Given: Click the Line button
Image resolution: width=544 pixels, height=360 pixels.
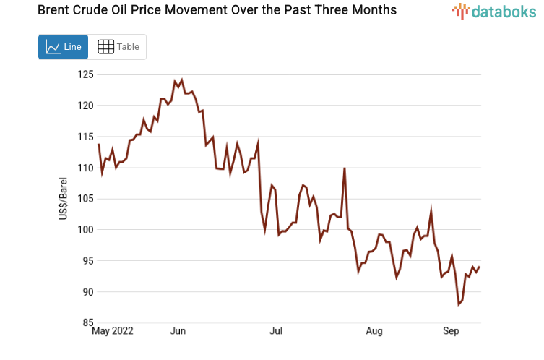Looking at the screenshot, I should (63, 47).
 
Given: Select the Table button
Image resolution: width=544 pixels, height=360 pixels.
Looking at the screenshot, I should (118, 47).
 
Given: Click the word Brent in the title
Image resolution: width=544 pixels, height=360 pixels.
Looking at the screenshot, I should (33, 10).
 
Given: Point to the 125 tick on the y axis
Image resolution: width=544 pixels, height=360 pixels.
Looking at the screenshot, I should (86, 74).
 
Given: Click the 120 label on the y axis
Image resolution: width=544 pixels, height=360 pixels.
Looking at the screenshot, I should (86, 106).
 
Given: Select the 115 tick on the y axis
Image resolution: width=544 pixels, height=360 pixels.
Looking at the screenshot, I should (86, 137).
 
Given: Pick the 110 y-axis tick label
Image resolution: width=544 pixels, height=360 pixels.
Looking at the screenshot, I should (86, 168).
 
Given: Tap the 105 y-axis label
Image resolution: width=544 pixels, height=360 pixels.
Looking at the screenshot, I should (86, 199).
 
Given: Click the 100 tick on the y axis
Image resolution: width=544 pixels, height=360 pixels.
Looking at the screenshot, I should (86, 230).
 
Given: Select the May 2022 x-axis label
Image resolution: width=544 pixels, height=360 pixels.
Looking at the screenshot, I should (113, 332).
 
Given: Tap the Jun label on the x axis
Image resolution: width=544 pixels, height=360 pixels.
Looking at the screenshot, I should (178, 332).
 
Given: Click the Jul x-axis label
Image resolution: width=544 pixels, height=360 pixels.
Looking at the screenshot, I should (276, 332).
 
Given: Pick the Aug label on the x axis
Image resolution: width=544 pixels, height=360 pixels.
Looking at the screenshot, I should (374, 332).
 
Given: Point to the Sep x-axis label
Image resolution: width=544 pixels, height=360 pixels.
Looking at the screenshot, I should (451, 332).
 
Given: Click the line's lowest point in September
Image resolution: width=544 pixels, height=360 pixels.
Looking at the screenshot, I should (459, 304).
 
